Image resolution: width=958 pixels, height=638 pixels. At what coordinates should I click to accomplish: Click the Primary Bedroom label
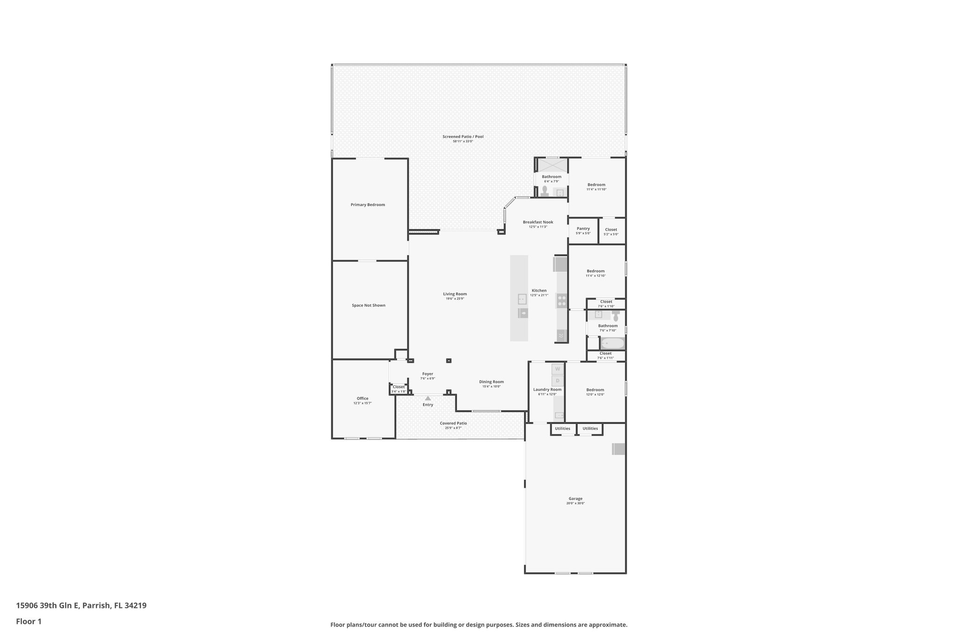(368, 205)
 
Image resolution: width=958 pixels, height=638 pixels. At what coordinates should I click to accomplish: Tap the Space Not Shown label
(369, 305)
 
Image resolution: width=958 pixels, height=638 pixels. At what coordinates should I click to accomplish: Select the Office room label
(363, 398)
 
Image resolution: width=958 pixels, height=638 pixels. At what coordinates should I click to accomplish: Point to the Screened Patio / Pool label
(463, 136)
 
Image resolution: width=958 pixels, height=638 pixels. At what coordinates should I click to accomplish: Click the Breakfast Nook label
(538, 222)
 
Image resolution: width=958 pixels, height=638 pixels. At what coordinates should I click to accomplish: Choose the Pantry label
(583, 229)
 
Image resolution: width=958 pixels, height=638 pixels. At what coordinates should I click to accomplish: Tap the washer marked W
(558, 369)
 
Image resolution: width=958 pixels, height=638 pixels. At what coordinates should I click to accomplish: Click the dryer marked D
(558, 380)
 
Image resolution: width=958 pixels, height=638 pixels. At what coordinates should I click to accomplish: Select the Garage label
(575, 499)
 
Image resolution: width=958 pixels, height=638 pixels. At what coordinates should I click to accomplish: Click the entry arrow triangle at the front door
(428, 398)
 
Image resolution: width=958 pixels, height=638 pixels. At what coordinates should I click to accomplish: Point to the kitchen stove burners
(562, 301)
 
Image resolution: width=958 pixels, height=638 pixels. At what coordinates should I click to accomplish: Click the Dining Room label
(491, 382)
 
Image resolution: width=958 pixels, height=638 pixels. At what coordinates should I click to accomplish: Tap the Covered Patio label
(453, 423)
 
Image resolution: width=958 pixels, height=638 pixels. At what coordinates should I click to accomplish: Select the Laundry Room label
(547, 389)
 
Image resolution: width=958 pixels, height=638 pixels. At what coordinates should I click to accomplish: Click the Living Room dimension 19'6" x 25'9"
(455, 299)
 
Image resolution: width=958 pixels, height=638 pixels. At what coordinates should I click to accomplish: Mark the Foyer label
(428, 374)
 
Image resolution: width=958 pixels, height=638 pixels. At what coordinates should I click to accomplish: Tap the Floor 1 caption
(29, 621)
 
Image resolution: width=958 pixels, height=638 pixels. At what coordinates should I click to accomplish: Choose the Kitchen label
(539, 290)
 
